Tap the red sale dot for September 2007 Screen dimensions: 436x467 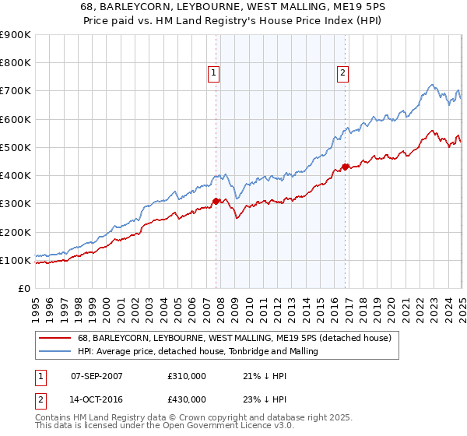[x=216, y=201]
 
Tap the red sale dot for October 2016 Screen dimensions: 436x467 [x=345, y=167]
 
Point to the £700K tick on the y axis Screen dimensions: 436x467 [x=17, y=91]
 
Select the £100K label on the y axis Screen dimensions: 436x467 [x=17, y=260]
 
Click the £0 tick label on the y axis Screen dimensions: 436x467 [x=24, y=288]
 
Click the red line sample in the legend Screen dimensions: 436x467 [x=56, y=339]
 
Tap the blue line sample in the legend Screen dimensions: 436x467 [x=56, y=352]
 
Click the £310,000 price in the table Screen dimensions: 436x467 [x=187, y=376]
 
